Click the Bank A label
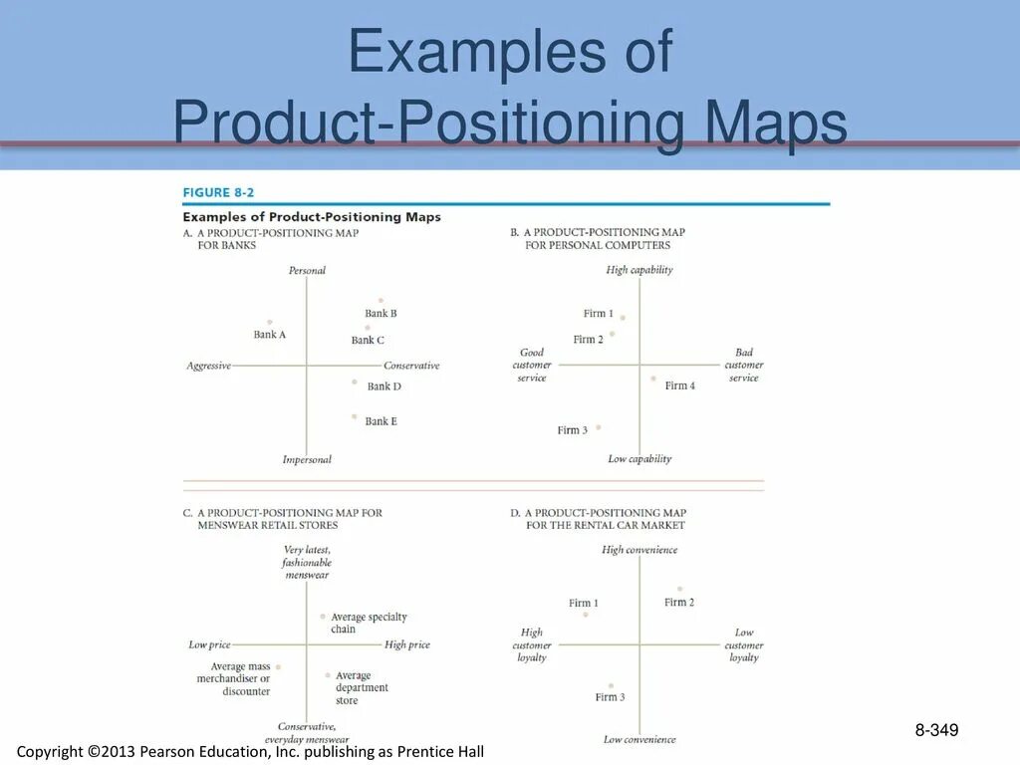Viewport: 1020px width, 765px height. coord(269,335)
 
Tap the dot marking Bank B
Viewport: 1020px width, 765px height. coord(381,300)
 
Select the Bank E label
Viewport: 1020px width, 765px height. coord(381,421)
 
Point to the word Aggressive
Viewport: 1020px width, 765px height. coord(208,366)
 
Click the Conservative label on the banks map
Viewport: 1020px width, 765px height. coord(411,366)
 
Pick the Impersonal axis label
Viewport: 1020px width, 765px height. coord(307,459)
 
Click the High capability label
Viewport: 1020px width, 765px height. coord(638,270)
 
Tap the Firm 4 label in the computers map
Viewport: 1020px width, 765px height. coord(679,385)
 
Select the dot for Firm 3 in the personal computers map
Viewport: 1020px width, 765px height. coord(598,427)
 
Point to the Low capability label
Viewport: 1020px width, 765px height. coord(639,459)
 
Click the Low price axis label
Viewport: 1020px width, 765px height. coord(209,644)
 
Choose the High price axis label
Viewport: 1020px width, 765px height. coord(407,644)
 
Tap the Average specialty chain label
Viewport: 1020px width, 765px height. coord(369,623)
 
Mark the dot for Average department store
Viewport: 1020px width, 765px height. coord(327,674)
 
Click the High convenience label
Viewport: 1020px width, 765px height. coord(638,550)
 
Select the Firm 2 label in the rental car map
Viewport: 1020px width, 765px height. coord(679,602)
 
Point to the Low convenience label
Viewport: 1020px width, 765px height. coord(638,739)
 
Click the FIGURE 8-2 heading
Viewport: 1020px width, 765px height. coord(218,193)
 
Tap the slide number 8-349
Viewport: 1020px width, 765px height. coord(936,732)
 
